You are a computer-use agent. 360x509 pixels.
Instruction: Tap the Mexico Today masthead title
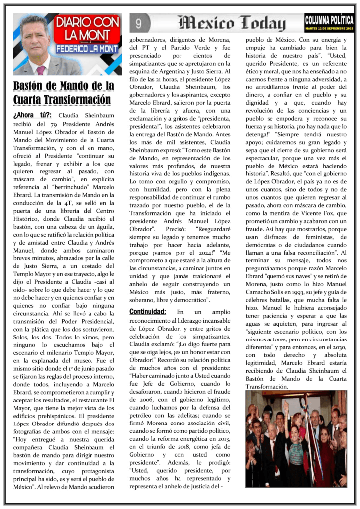click(232, 23)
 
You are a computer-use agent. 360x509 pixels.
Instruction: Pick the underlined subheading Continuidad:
click(147, 312)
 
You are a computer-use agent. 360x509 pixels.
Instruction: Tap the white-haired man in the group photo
click(272, 437)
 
